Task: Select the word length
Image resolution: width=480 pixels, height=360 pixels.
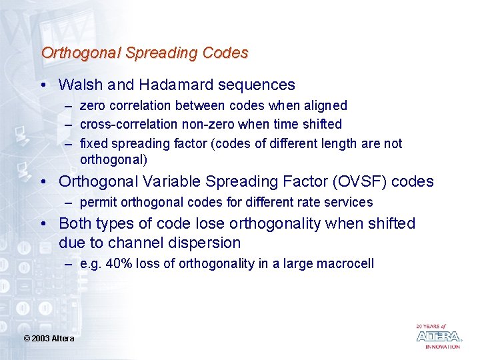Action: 342,143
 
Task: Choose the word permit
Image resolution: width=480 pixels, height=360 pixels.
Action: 97,202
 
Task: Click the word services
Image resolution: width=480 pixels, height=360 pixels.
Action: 349,202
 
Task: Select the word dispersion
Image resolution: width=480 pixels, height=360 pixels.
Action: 204,242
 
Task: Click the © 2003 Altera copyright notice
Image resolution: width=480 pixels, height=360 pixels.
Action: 49,339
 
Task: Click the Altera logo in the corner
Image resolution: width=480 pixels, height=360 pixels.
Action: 438,337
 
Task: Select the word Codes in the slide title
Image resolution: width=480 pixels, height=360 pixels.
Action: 226,53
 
